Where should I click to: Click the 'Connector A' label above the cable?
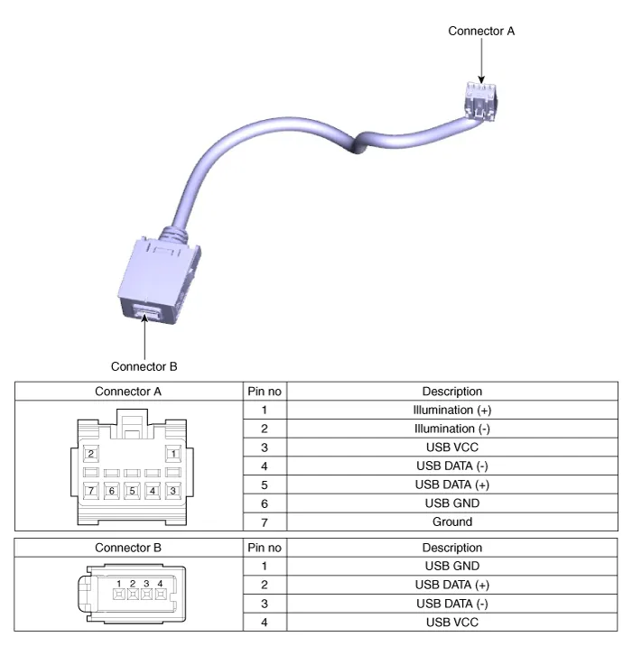[481, 31]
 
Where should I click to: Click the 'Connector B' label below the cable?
[144, 366]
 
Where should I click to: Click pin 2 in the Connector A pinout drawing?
[90, 453]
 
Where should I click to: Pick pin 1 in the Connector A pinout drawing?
[173, 453]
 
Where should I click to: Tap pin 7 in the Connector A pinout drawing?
[90, 491]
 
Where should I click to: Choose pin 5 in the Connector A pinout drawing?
[132, 491]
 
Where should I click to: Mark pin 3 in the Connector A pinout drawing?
[173, 491]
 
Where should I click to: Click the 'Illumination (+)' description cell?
[451, 410]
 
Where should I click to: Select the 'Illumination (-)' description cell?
[451, 429]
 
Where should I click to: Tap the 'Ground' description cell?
[451, 521]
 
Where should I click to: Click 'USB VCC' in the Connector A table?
[451, 448]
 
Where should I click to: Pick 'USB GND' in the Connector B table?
[451, 567]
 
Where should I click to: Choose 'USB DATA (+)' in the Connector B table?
[451, 585]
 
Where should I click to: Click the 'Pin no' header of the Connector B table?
[264, 548]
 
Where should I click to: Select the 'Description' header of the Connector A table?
[451, 392]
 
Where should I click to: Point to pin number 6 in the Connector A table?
[264, 503]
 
